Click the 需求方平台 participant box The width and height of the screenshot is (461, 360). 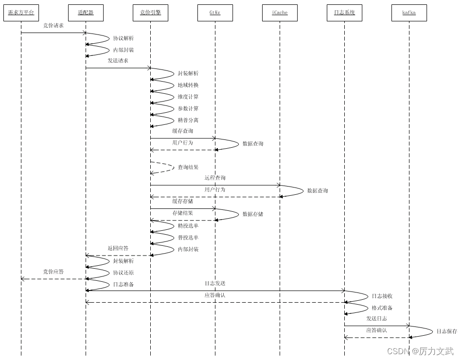[21, 13]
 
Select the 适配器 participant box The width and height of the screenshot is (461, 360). [86, 13]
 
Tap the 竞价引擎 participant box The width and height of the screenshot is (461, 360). [150, 13]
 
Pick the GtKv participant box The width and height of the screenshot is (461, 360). [215, 13]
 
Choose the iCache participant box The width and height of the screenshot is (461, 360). [280, 13]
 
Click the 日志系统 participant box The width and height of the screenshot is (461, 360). [344, 13]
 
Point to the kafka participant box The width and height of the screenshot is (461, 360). [409, 13]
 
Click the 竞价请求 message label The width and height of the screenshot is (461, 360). [53, 25]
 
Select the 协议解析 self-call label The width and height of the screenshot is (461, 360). [124, 38]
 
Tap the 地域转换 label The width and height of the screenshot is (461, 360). [188, 85]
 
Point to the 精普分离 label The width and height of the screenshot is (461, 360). [188, 120]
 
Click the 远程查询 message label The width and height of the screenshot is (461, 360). [215, 178]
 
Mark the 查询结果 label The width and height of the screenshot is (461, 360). [188, 167]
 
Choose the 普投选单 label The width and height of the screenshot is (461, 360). [188, 238]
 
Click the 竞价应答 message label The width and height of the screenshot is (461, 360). [53, 272]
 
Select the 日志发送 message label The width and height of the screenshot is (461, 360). [215, 283]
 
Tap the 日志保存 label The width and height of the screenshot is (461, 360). [446, 331]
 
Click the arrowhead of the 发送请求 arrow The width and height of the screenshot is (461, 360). [149, 68]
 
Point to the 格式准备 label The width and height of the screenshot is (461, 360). [382, 308]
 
